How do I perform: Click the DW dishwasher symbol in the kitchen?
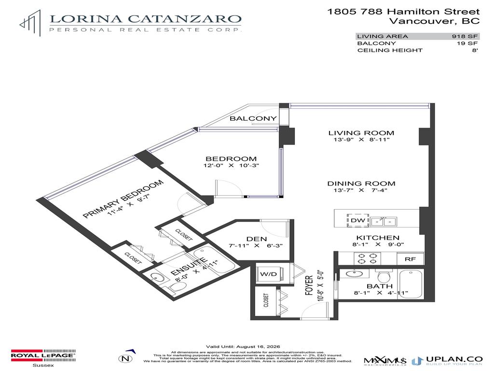(357, 220)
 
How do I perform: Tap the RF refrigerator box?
(410, 259)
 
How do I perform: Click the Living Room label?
(361, 133)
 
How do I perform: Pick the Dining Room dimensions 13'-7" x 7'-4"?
(361, 191)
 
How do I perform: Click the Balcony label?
(253, 118)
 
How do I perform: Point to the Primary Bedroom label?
(123, 198)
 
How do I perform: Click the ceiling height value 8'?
(475, 50)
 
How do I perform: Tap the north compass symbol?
(126, 358)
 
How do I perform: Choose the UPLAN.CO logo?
(448, 360)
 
